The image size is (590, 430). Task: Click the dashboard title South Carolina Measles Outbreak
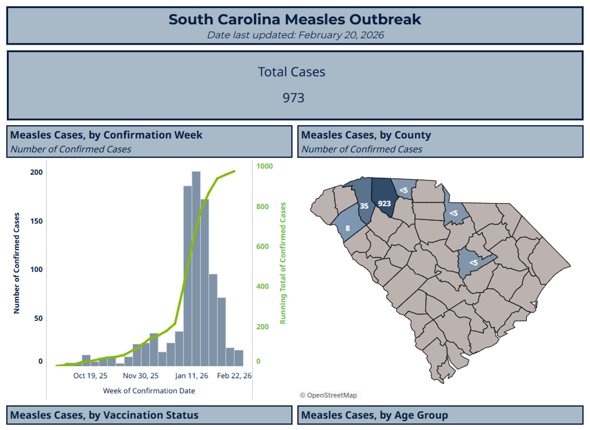click(295, 20)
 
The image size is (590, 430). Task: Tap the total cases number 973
click(294, 98)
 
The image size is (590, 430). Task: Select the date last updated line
click(295, 35)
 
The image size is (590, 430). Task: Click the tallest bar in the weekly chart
click(196, 267)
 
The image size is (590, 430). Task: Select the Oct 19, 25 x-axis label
click(90, 376)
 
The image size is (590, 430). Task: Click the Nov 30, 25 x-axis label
click(141, 376)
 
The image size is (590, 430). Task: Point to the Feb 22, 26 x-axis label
click(235, 376)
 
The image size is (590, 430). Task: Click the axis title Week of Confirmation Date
click(149, 391)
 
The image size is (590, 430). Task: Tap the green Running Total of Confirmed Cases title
click(283, 263)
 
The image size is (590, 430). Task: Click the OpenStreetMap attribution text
click(328, 395)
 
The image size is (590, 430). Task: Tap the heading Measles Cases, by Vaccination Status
click(104, 415)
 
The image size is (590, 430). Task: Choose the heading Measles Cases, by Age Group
click(374, 415)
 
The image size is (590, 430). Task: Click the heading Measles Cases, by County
click(366, 135)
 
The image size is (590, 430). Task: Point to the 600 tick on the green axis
click(263, 247)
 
